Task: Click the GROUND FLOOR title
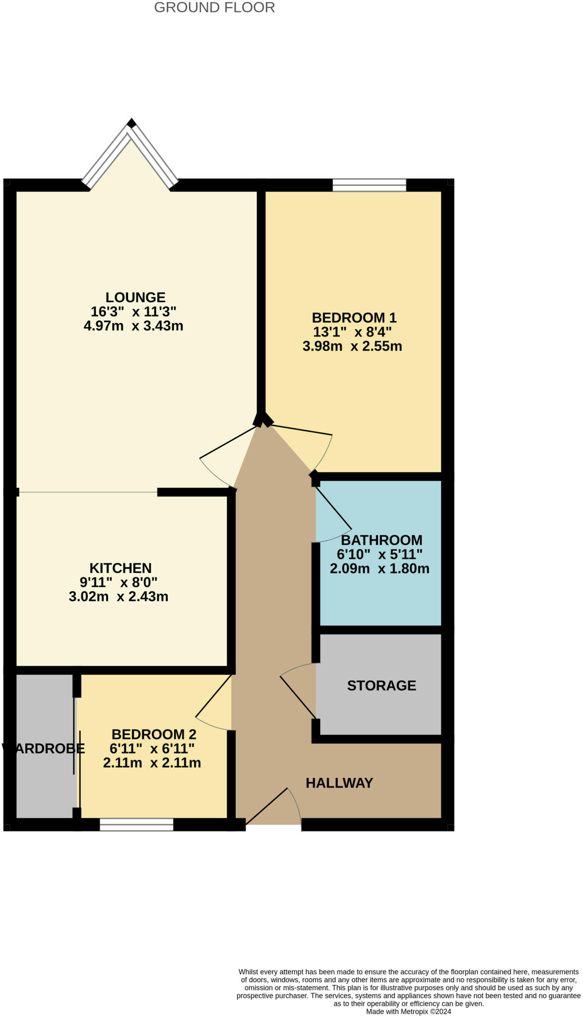214,7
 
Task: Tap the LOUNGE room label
135,297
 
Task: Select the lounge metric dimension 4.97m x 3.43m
133,326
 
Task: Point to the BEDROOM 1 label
354,317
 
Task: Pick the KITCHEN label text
121,568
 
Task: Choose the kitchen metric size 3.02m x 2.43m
119,596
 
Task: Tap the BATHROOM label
382,540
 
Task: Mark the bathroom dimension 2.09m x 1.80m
380,569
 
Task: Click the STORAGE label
382,686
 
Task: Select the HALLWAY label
339,783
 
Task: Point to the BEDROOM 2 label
154,734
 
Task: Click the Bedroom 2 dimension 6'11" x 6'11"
152,748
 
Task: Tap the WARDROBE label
44,749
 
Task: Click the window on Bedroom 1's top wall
369,185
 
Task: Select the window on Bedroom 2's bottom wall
136,825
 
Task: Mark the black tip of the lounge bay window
131,123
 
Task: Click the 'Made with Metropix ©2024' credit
409,1011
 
